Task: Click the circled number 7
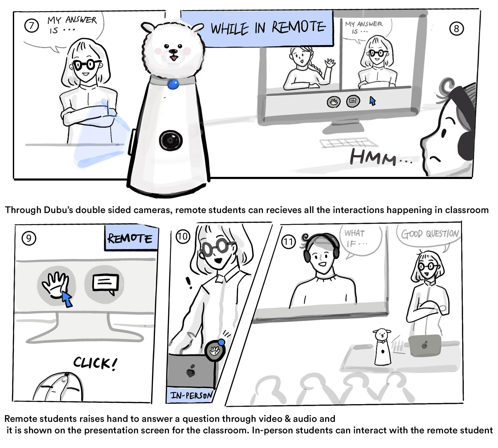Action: point(31,26)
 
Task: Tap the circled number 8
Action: point(456,29)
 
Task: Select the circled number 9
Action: point(29,238)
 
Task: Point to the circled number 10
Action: point(183,237)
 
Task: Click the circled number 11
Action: point(288,242)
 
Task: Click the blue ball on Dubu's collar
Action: point(173,84)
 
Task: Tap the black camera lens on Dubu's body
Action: point(170,141)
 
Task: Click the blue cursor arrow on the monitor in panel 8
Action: point(372,101)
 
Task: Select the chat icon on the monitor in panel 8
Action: point(353,101)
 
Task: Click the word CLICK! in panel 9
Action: point(95,363)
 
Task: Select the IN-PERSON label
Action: point(191,395)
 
